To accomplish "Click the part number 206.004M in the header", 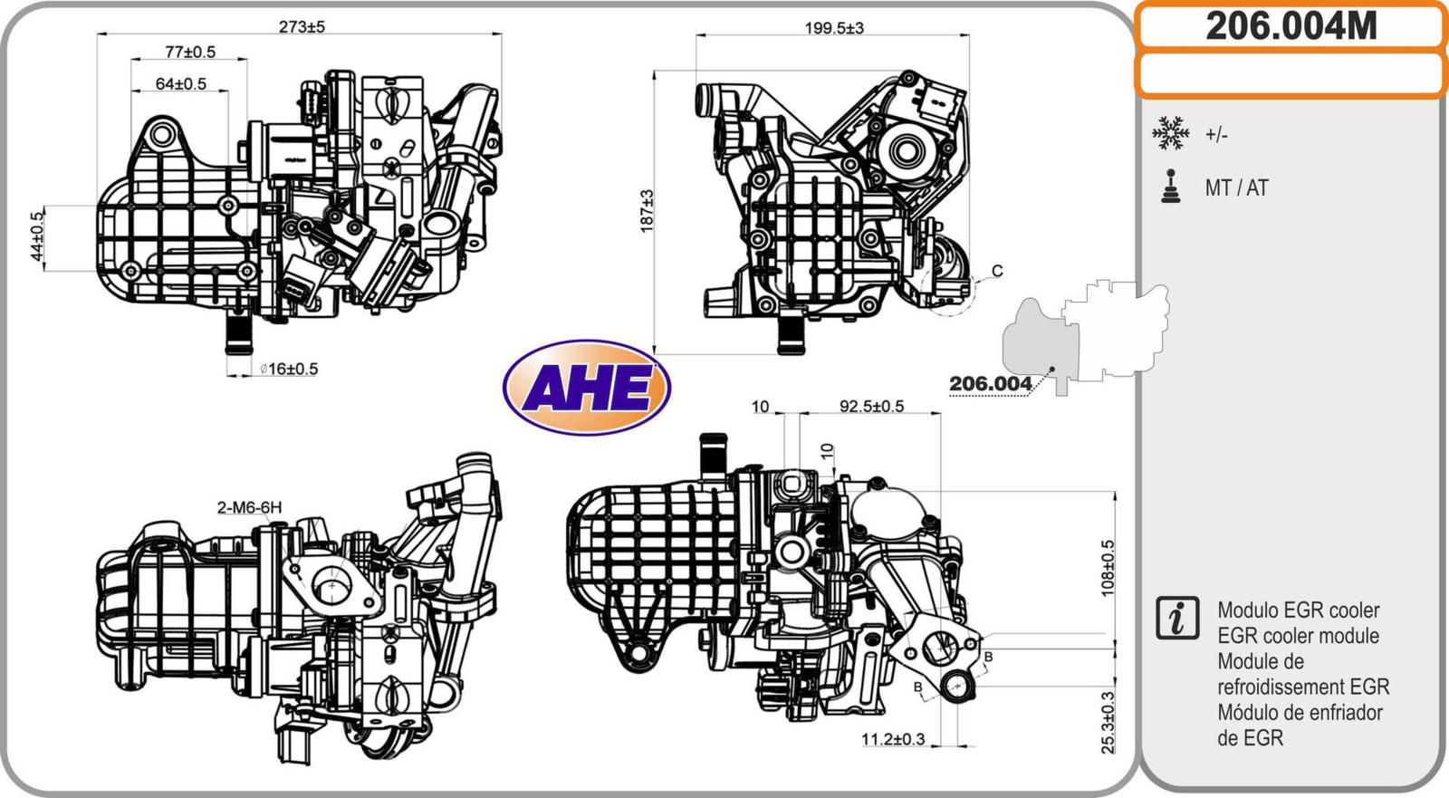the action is [x=1291, y=26].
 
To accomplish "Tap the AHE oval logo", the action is [x=587, y=388].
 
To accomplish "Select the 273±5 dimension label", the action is [x=302, y=26].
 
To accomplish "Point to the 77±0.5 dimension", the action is [x=190, y=52].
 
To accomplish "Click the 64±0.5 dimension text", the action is [x=181, y=83].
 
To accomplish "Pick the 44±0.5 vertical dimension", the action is [x=37, y=236].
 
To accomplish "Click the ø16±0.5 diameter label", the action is [x=289, y=369].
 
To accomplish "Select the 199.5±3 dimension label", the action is [x=834, y=28].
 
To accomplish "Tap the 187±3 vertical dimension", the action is [x=647, y=211].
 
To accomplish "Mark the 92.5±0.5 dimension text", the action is [x=871, y=407].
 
